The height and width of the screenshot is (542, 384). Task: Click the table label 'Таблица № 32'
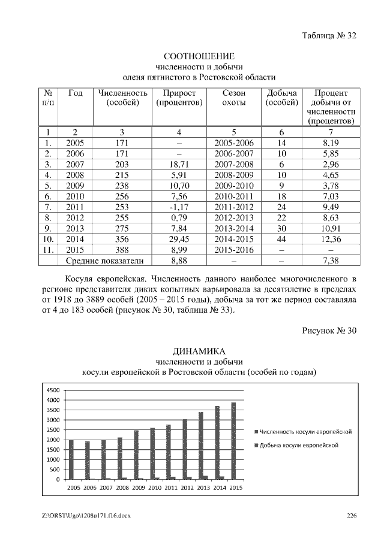pos(329,35)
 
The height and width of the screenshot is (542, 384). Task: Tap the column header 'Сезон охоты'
pos(233,98)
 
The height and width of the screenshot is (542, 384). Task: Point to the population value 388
pos(122,250)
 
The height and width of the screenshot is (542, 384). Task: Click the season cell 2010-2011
pos(233,196)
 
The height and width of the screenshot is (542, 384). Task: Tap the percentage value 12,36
pos(331,239)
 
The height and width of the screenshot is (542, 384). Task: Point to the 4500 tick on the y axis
pos(53,390)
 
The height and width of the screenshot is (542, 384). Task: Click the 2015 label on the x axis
pos(236,488)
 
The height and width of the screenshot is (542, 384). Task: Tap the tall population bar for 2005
pos(71,459)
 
